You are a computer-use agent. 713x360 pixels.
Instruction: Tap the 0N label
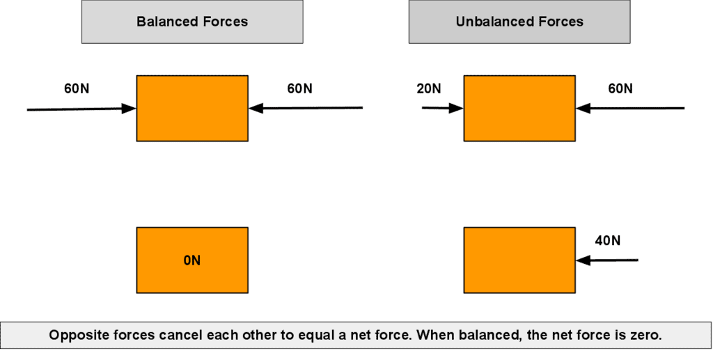point(192,260)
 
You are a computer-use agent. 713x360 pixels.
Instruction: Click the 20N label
point(429,88)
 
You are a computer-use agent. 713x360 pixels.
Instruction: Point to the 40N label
point(607,240)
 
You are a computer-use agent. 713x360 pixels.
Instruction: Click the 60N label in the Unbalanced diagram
point(620,88)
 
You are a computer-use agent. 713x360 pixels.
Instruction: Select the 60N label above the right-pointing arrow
point(77,88)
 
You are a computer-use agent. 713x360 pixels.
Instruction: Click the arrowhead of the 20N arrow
point(456,108)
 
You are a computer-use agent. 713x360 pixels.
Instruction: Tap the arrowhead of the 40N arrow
point(583,260)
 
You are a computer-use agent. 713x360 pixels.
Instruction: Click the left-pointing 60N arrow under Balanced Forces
point(306,108)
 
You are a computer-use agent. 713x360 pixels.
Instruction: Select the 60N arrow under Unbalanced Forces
point(630,108)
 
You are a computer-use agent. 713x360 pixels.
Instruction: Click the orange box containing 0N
point(192,260)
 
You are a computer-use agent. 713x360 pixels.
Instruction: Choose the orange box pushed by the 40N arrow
point(519,260)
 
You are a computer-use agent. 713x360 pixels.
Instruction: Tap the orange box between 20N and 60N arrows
point(519,108)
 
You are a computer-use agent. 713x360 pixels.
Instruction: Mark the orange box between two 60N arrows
point(192,108)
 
